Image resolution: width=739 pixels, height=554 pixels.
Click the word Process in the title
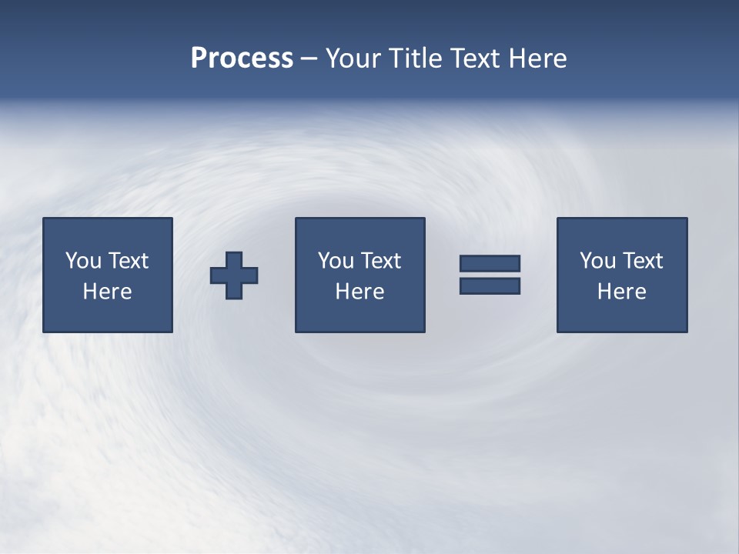[x=242, y=58]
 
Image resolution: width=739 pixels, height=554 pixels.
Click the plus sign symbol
[x=234, y=275]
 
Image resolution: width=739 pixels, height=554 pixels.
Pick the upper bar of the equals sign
[x=490, y=263]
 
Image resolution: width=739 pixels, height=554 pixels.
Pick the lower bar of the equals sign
[x=490, y=286]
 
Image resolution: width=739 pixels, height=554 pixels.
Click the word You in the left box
[x=83, y=261]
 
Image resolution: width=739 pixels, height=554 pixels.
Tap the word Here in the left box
[x=107, y=292]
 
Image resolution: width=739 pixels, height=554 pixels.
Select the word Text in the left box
[x=128, y=261]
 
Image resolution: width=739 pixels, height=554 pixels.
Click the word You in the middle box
[x=336, y=261]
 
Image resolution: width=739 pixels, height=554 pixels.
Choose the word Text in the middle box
[x=380, y=261]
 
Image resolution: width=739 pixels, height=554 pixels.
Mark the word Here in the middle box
[x=359, y=292]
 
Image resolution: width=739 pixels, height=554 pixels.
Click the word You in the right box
[x=597, y=261]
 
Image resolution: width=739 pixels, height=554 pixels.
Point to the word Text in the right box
[x=642, y=261]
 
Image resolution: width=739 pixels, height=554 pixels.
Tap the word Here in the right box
[x=621, y=292]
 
